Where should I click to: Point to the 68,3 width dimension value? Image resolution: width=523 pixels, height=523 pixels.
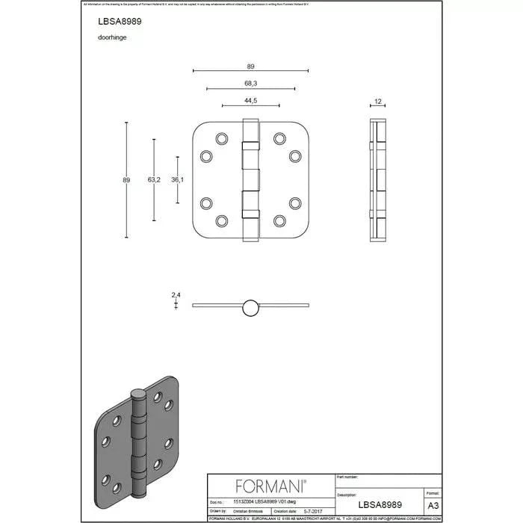(x=250, y=83)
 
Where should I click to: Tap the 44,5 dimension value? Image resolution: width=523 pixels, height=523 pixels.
(x=250, y=101)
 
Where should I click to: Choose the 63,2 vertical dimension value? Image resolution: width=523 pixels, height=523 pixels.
(x=154, y=179)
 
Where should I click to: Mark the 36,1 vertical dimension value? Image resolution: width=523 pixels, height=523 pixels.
(x=178, y=179)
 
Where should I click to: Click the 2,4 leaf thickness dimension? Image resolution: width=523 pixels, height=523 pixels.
(x=176, y=296)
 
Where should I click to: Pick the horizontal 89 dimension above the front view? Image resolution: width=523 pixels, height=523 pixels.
(x=250, y=66)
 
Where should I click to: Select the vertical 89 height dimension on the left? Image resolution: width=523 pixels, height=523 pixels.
(x=126, y=179)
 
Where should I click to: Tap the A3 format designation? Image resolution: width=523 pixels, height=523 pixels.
(x=432, y=507)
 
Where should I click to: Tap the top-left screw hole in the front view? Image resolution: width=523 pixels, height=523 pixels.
(x=221, y=138)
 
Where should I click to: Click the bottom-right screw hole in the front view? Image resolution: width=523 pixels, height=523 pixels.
(x=280, y=220)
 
